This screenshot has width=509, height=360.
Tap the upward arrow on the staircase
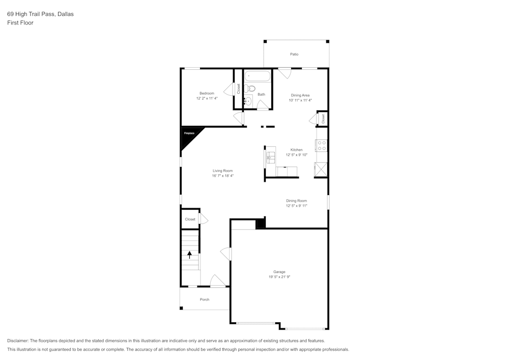(190, 254)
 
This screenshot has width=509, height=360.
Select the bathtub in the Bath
(257, 77)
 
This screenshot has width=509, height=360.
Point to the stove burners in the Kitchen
(321, 146)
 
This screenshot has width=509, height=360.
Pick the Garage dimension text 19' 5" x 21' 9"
(279, 277)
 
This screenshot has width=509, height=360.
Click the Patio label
(294, 54)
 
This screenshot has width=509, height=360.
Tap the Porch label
(205, 299)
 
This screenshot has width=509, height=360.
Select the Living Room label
(222, 171)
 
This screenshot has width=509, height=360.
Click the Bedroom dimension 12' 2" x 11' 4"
(207, 98)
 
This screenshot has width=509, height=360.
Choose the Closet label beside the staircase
(190, 219)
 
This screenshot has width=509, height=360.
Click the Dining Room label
(296, 201)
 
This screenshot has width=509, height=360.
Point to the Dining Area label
(300, 95)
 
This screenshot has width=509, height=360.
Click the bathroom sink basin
(248, 100)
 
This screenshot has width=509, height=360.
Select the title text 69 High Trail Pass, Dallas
(40, 14)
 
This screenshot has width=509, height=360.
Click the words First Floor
(20, 23)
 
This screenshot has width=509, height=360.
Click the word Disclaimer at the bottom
(18, 341)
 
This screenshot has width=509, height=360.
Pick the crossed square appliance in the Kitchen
(321, 169)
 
